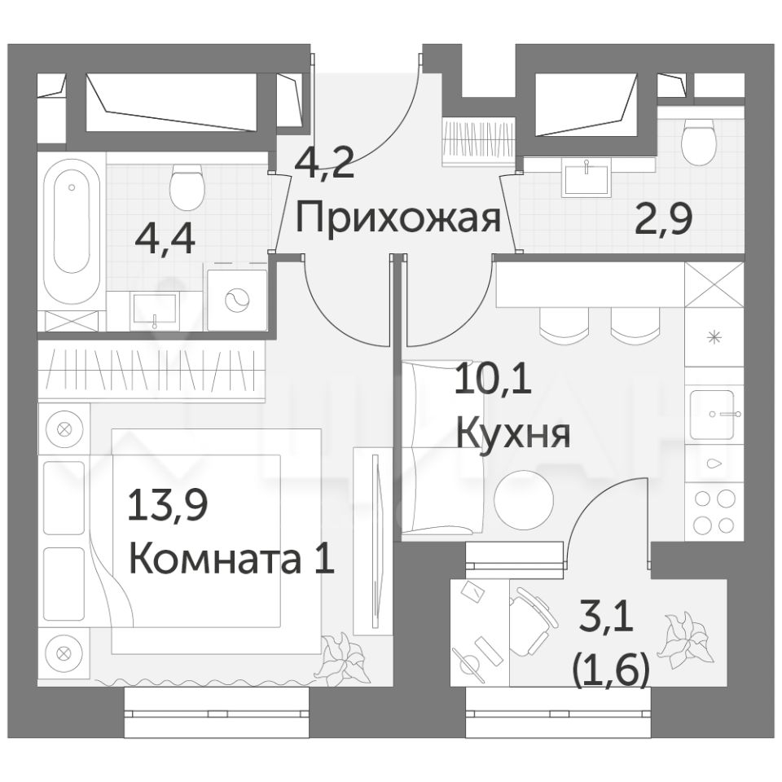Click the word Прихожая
(x=398, y=219)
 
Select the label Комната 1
(x=231, y=560)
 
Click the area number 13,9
(x=168, y=505)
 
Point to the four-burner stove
(x=715, y=512)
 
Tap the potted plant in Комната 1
(x=344, y=656)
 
